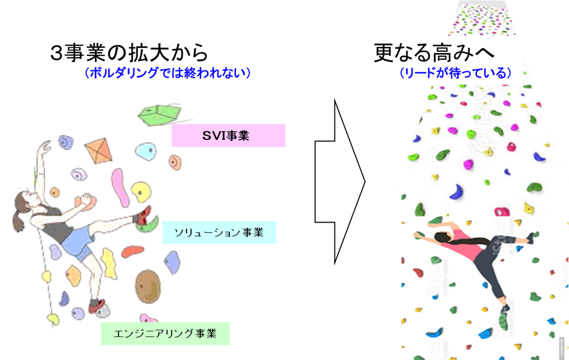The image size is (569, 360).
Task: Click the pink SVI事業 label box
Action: coord(228,136)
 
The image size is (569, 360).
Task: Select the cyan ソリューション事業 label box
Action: coord(219,232)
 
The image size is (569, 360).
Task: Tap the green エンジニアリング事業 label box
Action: coord(165,334)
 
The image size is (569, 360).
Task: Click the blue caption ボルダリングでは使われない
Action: coord(168,73)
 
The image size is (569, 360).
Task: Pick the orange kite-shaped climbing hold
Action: coord(99,150)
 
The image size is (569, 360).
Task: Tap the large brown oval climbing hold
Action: coord(148,286)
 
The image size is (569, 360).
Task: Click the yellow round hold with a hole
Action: coord(141,192)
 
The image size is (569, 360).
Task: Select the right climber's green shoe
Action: coord(503,320)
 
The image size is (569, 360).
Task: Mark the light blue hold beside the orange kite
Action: coord(146,151)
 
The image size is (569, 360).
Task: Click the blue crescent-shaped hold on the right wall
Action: coord(457,192)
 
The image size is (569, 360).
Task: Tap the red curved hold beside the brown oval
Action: coord(132,251)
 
